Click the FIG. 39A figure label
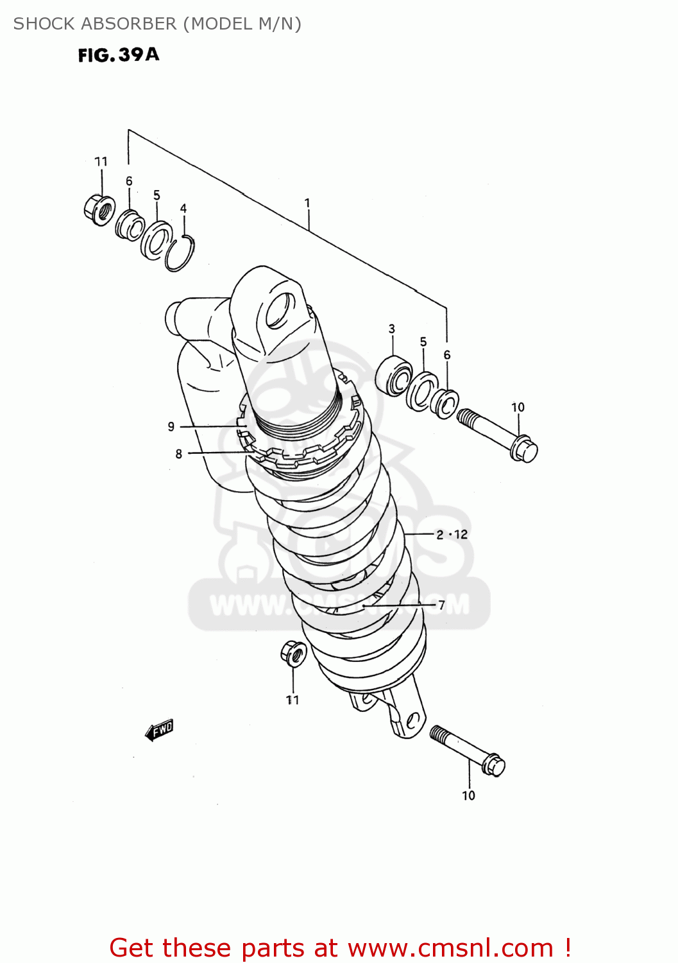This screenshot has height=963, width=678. coord(119,55)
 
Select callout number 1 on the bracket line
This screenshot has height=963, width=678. coord(307,203)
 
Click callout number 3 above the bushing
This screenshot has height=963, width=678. coord(392,329)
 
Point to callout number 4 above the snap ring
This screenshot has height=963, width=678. coord(183,208)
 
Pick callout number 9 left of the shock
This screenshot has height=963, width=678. coord(171,426)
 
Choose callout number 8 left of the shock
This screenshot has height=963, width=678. coord(179,454)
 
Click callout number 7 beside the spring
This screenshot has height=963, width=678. coord(441,605)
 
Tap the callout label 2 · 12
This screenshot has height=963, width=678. coord(452,534)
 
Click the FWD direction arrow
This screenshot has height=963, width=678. coord(159,730)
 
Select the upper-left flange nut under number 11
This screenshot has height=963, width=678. coord(99,209)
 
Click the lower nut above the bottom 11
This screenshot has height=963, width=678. coord(294,654)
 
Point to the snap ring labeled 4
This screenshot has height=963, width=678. coord(180,254)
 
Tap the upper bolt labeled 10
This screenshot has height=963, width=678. coord(498,435)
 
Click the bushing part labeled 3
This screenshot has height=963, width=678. coord(394,376)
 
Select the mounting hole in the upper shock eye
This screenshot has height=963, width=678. coord(280,310)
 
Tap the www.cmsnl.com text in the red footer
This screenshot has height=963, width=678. coord(450,948)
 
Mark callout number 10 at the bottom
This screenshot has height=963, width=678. coord(469,795)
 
